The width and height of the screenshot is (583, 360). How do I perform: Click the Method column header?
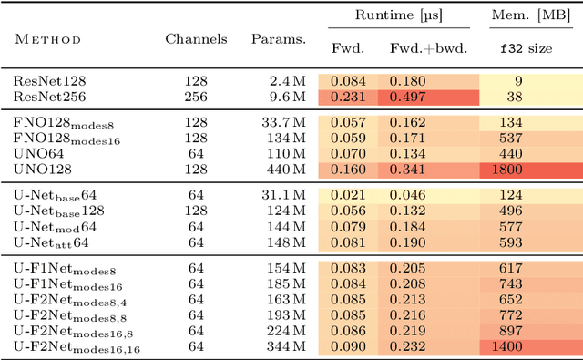coord(46,39)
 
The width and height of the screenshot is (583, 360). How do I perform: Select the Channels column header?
coord(192,39)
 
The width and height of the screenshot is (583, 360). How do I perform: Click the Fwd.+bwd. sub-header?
coord(428,48)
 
